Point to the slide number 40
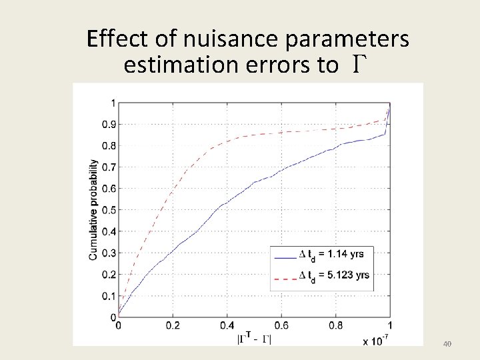tap(447, 344)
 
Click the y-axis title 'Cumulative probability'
tap(94, 209)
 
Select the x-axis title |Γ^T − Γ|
tap(253, 339)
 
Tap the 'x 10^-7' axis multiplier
tap(377, 341)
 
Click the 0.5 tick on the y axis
tap(107, 210)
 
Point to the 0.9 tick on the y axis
tap(107, 124)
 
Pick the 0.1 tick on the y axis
tap(107, 296)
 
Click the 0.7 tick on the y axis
tap(107, 167)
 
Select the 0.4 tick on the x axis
tap(227, 326)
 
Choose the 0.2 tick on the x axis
tap(173, 326)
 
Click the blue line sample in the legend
tap(284, 255)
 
